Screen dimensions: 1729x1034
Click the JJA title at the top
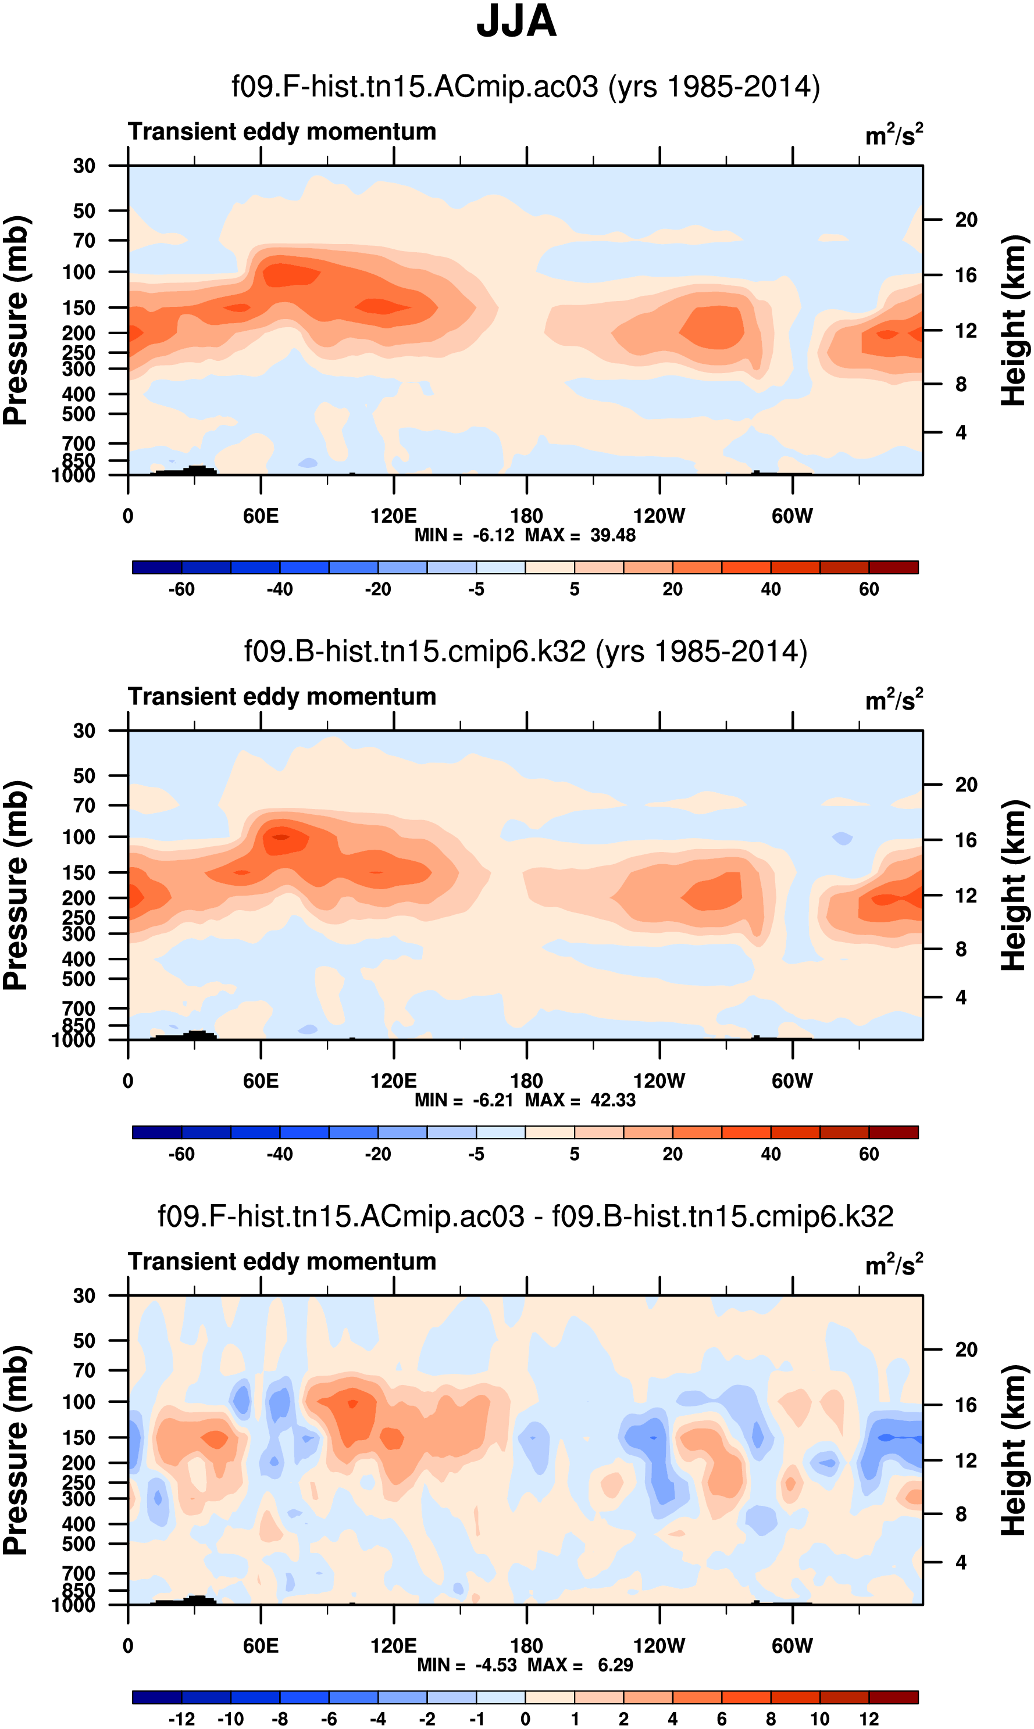point(516,22)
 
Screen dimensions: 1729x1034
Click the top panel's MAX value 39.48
point(612,535)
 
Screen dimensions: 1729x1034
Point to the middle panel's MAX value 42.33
point(612,1100)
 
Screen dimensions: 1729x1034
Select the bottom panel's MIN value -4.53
point(496,1664)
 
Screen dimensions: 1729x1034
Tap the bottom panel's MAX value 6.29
point(615,1664)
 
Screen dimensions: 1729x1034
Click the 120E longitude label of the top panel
point(393,516)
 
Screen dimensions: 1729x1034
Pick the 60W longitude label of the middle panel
point(791,1081)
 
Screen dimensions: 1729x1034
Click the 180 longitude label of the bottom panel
point(526,1645)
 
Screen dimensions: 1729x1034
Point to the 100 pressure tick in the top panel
point(79,272)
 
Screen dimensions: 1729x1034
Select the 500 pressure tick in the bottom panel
point(79,1544)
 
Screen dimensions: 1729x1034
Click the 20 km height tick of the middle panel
point(966,785)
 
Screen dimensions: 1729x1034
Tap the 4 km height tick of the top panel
point(961,432)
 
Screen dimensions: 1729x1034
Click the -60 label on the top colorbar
point(181,589)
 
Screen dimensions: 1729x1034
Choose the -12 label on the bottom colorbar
point(181,1719)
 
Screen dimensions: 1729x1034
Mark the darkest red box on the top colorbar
point(893,567)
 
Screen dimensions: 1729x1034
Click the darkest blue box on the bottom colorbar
point(157,1696)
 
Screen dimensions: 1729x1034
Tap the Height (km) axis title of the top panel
point(1014,320)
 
